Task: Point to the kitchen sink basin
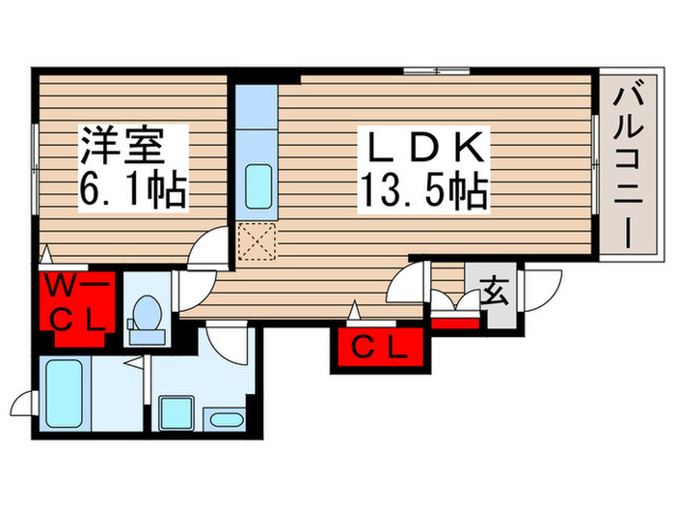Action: point(257,183)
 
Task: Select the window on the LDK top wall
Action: point(436,70)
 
